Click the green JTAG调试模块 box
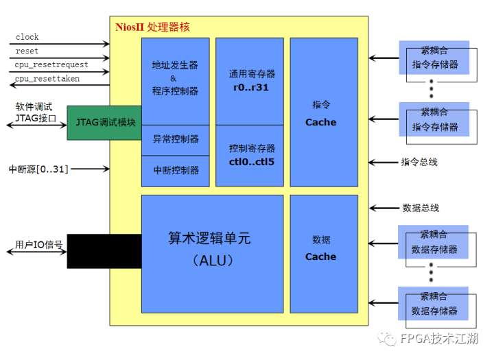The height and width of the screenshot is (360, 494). click(104, 123)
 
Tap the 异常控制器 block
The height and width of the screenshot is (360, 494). click(175, 139)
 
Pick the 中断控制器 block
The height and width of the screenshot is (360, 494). click(175, 170)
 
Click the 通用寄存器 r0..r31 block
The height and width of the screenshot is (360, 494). click(249, 81)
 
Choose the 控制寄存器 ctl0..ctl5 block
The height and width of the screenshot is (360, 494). click(249, 155)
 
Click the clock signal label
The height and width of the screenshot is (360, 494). click(27, 37)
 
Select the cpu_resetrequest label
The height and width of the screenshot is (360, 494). click(51, 64)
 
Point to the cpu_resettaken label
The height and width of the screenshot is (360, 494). click(47, 79)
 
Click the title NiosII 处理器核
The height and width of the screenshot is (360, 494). click(152, 27)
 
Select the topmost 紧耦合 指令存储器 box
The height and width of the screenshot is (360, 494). click(435, 59)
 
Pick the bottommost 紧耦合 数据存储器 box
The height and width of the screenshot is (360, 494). click(435, 305)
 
